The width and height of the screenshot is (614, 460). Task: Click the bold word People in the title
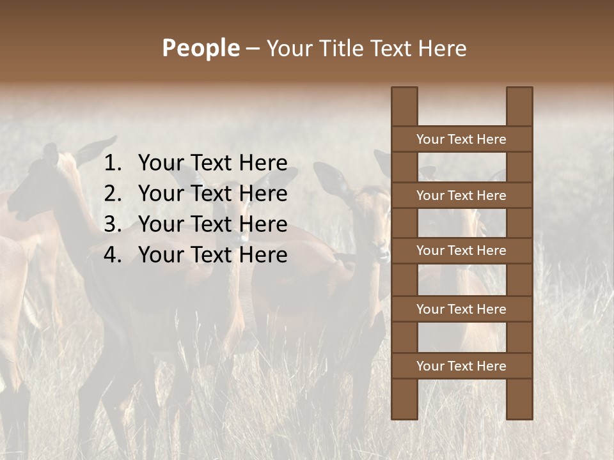(x=200, y=48)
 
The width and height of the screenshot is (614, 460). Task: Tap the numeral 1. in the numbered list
(x=113, y=163)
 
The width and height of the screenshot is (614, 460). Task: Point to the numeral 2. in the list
(x=113, y=194)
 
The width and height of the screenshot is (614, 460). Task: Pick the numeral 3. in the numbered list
(x=113, y=224)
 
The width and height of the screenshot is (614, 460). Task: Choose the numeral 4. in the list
(x=113, y=255)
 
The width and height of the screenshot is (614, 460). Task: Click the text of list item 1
(x=212, y=163)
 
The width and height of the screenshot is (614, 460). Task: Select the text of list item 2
(x=212, y=194)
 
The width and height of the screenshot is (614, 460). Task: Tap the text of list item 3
(x=212, y=224)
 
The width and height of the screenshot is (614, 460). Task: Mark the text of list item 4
(x=212, y=255)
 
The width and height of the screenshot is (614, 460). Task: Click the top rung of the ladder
(x=461, y=139)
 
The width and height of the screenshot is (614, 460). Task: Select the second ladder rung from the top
(x=461, y=195)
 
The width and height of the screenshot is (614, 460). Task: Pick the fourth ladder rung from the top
(x=461, y=309)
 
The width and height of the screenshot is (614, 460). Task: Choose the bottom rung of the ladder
(x=461, y=366)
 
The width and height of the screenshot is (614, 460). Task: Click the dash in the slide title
(x=253, y=49)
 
